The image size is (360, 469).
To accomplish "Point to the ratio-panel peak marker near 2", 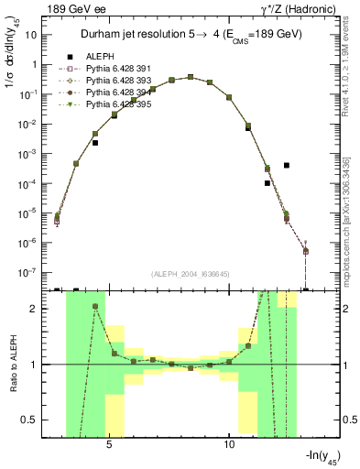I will [95, 307].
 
